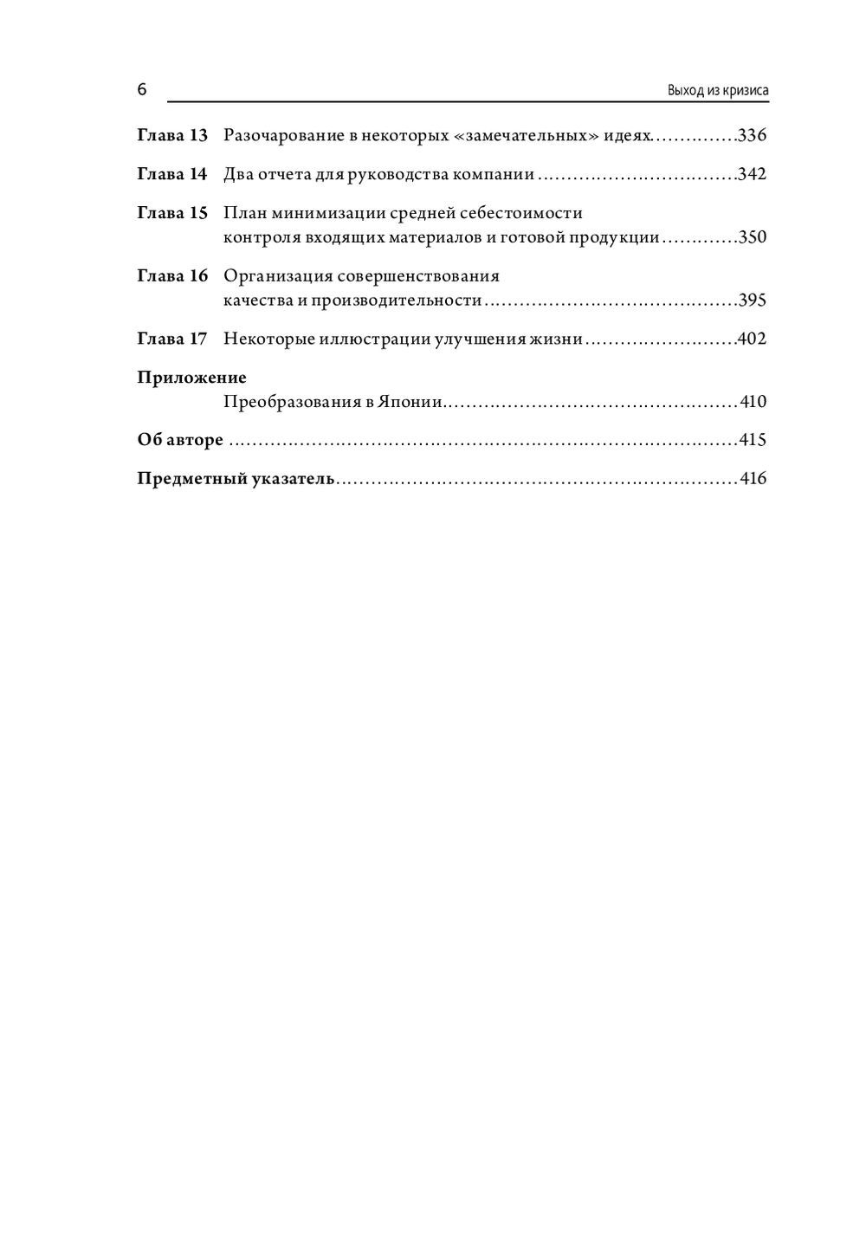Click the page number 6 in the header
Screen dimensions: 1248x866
tap(142, 90)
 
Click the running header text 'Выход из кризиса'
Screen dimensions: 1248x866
tap(718, 91)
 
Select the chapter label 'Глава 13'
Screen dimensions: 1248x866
tap(172, 136)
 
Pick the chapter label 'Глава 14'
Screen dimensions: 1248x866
tap(172, 174)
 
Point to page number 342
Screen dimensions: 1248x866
tap(752, 174)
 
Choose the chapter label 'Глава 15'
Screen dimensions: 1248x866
tap(172, 212)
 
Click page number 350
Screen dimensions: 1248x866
tap(752, 237)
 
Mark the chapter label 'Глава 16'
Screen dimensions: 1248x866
tap(172, 275)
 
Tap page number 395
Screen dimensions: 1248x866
tap(752, 301)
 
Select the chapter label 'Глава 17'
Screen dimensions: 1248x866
tap(172, 339)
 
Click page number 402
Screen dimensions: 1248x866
tap(751, 339)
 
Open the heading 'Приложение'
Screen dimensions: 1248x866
tap(191, 378)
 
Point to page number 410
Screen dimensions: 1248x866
tap(753, 402)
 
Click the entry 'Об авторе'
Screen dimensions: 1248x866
tap(180, 440)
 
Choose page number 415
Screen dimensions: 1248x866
tap(753, 440)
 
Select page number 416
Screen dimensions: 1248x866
tap(753, 478)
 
